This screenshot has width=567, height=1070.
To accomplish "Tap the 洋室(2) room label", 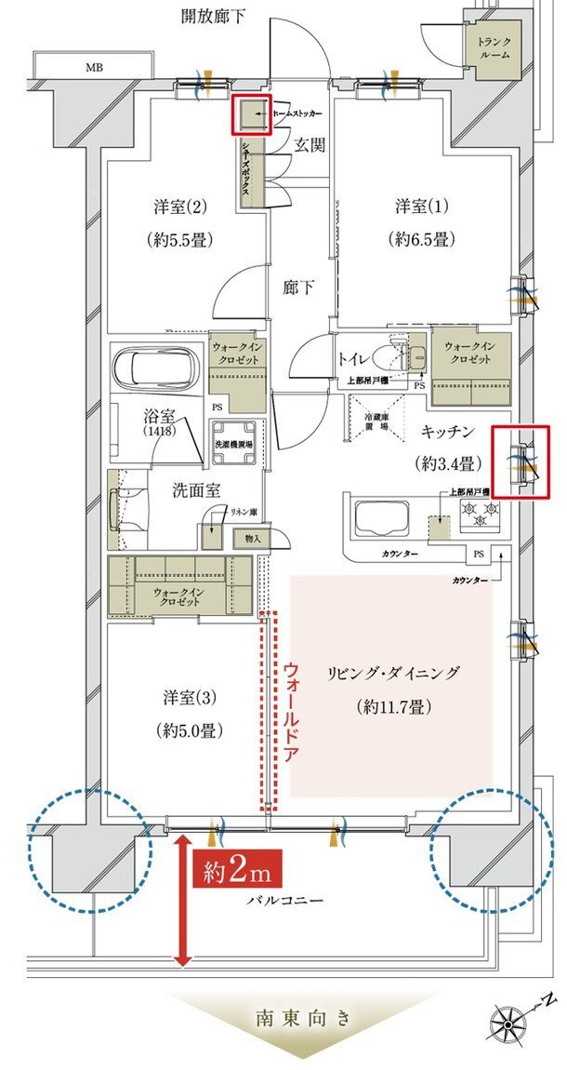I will click(173, 204).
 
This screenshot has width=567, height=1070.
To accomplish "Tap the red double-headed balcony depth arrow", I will click(182, 898).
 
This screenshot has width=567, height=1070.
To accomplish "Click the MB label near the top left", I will click(95, 68).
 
